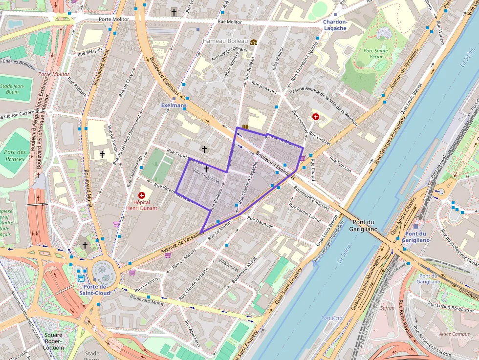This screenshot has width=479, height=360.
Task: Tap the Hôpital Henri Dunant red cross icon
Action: click(x=142, y=195)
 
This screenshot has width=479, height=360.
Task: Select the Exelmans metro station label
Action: click(x=174, y=105)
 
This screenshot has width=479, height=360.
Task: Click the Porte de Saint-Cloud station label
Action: click(x=96, y=290)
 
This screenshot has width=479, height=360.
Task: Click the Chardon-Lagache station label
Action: click(x=335, y=25)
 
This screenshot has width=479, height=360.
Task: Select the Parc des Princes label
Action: click(x=15, y=155)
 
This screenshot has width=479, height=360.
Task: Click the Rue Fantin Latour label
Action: click(x=304, y=212)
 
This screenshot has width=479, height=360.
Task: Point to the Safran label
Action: click(x=387, y=308)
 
